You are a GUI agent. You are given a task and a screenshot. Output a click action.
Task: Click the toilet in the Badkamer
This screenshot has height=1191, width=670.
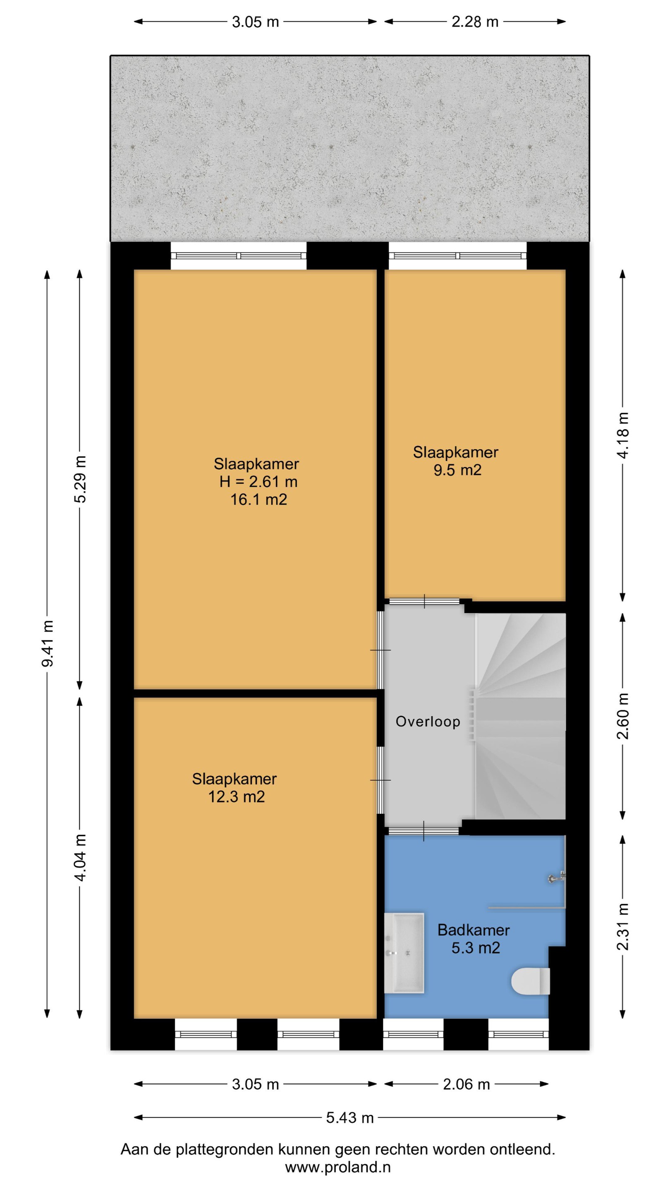(x=530, y=981)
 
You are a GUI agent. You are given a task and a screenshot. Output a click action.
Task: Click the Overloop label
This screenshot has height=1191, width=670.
(x=428, y=722)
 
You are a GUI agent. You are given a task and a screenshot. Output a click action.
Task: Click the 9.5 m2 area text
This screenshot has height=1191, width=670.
(x=457, y=470)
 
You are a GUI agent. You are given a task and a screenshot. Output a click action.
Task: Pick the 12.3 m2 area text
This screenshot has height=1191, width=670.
(x=236, y=796)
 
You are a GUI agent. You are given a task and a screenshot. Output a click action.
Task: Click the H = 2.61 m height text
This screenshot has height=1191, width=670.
(x=258, y=481)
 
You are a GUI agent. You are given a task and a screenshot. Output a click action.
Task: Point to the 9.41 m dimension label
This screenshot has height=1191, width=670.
(x=47, y=643)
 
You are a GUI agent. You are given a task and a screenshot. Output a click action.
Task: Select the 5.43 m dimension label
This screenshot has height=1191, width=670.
(x=349, y=1117)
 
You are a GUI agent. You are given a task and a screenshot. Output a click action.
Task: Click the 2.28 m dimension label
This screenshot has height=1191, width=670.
(x=475, y=22)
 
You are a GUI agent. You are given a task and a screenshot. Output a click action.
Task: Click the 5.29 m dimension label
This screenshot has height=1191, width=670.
(x=80, y=479)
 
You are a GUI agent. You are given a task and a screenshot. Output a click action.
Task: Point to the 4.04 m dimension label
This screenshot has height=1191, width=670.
(x=80, y=858)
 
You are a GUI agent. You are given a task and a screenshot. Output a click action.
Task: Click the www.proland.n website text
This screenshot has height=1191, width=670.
(x=337, y=1167)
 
